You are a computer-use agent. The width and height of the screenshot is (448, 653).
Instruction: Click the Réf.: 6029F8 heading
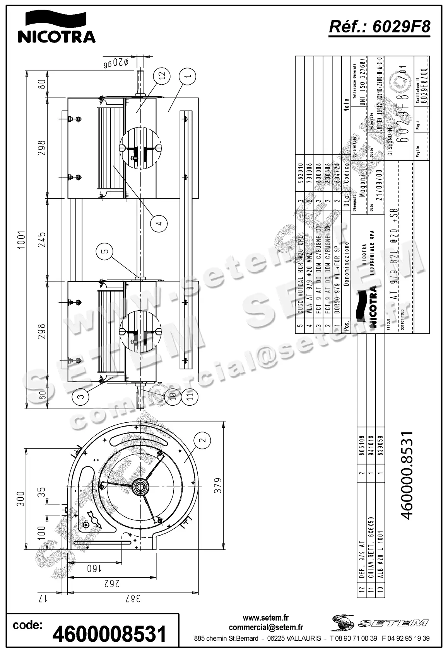point(379,26)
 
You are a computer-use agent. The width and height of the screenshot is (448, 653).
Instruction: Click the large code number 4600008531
point(109,634)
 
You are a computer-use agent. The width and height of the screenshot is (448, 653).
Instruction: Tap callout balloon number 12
point(161,75)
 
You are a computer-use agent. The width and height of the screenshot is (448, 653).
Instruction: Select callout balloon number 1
point(188,76)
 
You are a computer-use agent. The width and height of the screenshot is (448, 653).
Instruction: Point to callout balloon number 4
point(159,223)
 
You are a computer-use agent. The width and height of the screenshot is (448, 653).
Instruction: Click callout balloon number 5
point(105,252)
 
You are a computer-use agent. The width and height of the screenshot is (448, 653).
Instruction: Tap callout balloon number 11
point(189,396)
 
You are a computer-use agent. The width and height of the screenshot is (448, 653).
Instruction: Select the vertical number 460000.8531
point(408,475)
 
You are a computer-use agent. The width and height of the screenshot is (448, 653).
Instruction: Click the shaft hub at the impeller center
point(139,487)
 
